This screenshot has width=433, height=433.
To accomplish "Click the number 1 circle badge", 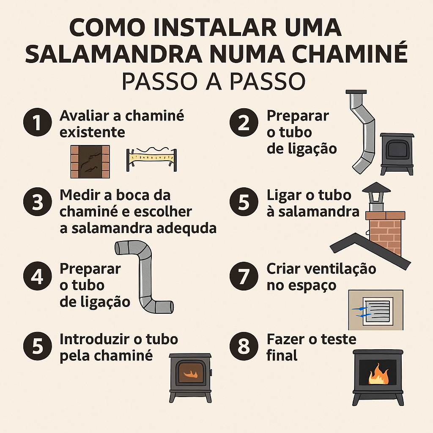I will tap(38, 123).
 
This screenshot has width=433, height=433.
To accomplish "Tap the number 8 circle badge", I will tap(243, 346).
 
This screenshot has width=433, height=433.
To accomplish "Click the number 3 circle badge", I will tap(38, 202).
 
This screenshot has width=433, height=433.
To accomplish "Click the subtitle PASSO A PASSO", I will tap(213, 82).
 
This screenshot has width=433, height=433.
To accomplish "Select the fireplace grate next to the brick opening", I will tap(151, 160).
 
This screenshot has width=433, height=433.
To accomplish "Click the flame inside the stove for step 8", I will tap(377, 375).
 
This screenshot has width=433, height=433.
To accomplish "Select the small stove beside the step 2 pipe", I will tap(397, 153).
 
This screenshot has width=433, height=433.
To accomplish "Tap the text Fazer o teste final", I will tap(311, 347).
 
